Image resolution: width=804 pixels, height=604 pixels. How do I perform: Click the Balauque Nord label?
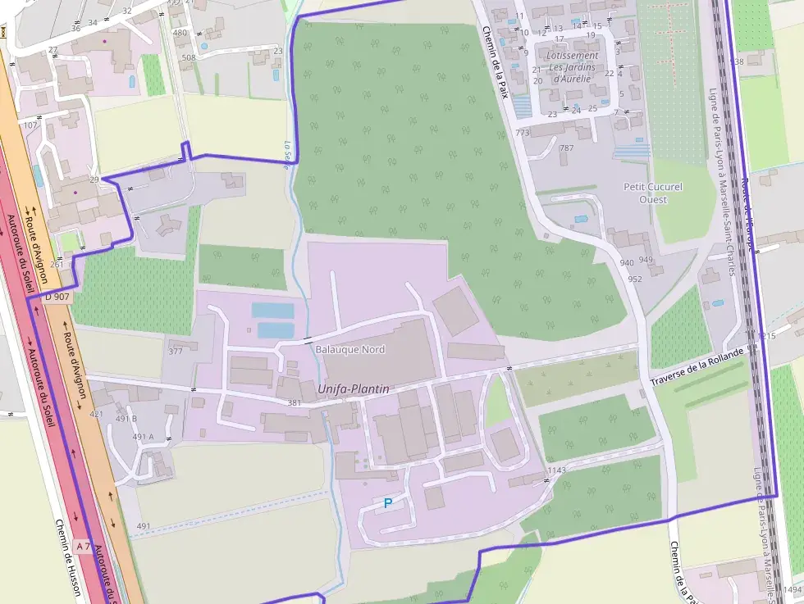tap(349, 349)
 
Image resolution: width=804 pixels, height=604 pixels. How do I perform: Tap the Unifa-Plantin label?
tap(353, 389)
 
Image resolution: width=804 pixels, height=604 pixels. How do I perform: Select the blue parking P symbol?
tap(388, 503)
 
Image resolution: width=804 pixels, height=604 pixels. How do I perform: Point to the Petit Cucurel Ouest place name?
tap(652, 193)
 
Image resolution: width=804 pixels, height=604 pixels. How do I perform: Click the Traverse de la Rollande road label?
tap(697, 367)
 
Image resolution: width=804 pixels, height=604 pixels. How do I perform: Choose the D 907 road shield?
tap(57, 297)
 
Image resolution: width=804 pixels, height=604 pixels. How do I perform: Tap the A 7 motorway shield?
tap(83, 545)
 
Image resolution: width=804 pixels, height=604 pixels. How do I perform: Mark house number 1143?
tap(556, 470)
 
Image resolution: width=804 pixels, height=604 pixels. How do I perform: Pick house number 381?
tap(295, 403)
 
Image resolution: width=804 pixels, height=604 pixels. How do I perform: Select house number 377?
tap(176, 352)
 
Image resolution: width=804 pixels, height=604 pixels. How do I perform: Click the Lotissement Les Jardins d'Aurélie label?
tap(572, 67)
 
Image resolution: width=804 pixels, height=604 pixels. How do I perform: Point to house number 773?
tap(523, 133)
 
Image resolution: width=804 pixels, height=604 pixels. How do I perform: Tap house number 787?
tap(566, 148)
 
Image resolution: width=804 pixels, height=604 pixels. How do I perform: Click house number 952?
tap(634, 279)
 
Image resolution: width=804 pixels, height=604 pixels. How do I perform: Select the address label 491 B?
tap(126, 418)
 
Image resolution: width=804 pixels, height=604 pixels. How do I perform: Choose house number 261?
tap(57, 264)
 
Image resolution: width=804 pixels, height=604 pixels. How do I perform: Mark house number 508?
tap(189, 57)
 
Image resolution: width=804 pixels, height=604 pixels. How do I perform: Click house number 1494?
tap(792, 589)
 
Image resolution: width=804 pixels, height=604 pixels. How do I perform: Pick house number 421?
tap(97, 415)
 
